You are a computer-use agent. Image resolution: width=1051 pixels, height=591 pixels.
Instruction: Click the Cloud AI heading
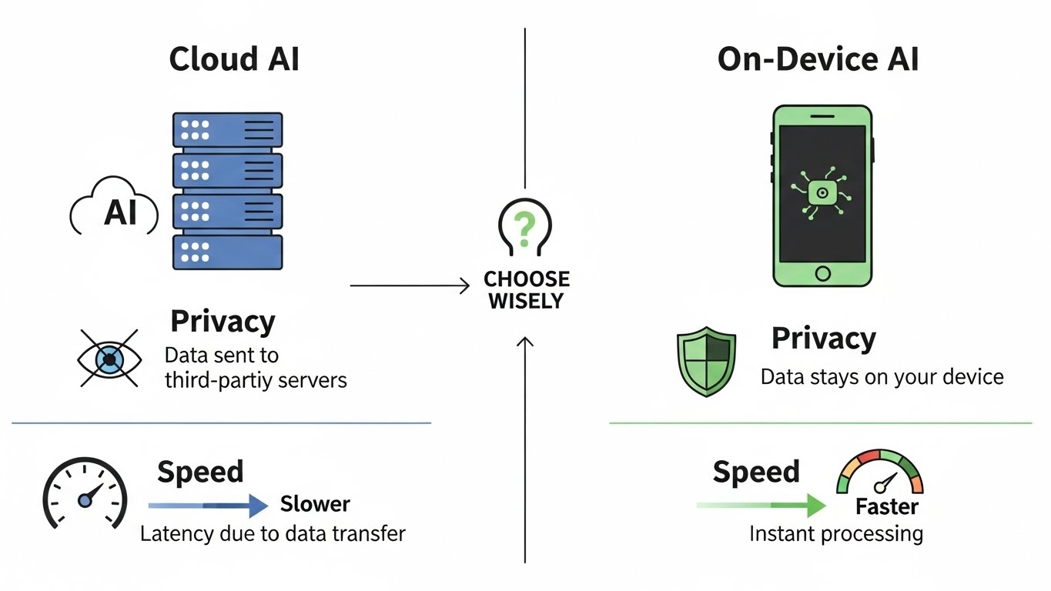[x=233, y=59]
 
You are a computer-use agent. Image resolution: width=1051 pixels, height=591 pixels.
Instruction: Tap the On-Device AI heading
[x=818, y=59]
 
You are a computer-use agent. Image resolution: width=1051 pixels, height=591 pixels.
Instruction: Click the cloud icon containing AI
[x=114, y=208]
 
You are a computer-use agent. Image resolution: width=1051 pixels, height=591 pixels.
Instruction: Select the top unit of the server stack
[x=227, y=130]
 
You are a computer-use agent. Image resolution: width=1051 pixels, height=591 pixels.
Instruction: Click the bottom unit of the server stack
[x=227, y=252]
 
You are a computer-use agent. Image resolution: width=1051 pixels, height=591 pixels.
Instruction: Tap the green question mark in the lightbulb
[x=524, y=226]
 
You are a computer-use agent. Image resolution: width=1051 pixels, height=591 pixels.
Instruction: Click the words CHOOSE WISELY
[x=527, y=289]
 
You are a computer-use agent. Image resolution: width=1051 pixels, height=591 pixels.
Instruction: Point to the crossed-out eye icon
[x=109, y=359]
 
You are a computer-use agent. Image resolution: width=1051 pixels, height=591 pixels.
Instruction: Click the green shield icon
[x=705, y=361]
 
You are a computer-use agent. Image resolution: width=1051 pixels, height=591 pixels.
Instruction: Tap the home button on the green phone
[x=822, y=273]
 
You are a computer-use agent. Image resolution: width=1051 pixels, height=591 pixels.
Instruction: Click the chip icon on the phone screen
[x=822, y=192]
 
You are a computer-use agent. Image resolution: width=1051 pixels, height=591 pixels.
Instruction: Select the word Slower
[x=315, y=504]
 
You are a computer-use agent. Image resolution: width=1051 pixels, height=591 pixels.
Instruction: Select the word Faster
[x=887, y=506]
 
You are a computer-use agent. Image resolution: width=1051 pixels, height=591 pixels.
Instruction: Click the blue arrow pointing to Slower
[x=208, y=506]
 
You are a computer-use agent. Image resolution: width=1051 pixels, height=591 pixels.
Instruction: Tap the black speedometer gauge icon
[x=84, y=492]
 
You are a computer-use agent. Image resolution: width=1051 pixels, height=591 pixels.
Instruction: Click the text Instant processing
[x=835, y=533]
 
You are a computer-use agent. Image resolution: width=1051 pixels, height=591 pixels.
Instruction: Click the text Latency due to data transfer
[x=273, y=533]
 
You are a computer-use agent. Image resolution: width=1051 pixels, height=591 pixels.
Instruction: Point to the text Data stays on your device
[x=882, y=377]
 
